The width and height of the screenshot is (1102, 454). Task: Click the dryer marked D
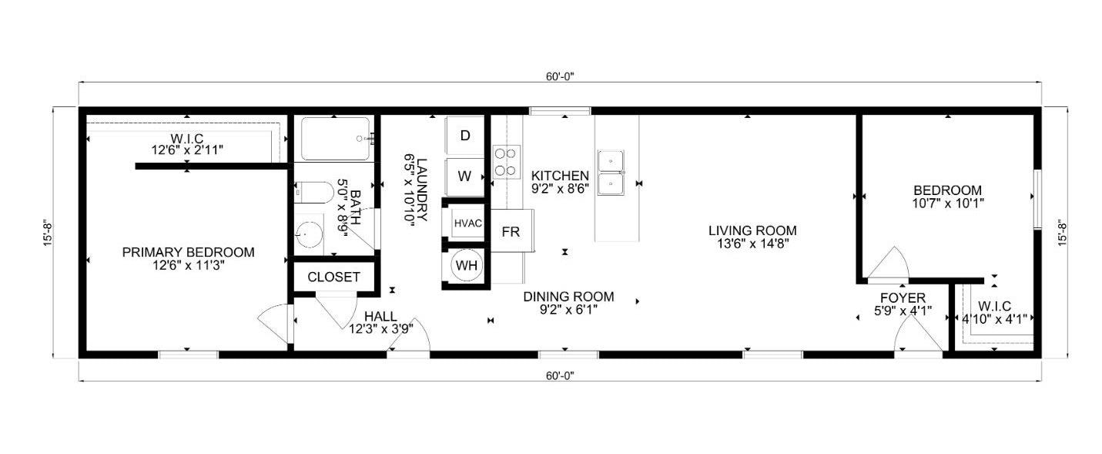(465, 136)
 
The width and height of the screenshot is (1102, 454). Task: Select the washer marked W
(465, 177)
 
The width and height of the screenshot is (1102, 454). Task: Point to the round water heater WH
(467, 266)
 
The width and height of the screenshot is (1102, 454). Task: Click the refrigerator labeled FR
(512, 231)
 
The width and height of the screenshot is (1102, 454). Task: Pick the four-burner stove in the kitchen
(506, 162)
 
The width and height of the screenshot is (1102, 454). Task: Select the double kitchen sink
(611, 173)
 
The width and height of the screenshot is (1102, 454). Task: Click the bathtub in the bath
(336, 139)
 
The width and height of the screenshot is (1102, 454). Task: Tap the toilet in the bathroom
(313, 193)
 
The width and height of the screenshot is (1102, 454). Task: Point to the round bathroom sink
(310, 234)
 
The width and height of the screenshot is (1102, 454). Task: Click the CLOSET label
(333, 277)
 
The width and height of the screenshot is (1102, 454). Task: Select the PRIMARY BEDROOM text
(189, 253)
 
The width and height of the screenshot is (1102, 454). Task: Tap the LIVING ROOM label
(752, 230)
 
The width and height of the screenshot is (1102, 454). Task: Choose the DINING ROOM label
(568, 297)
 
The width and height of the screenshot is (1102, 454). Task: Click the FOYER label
(903, 298)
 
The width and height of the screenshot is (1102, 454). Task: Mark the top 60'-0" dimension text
(560, 76)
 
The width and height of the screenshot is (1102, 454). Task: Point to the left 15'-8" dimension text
(48, 233)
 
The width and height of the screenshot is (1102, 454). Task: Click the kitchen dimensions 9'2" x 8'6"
(561, 189)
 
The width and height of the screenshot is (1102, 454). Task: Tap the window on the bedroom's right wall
(1037, 199)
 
